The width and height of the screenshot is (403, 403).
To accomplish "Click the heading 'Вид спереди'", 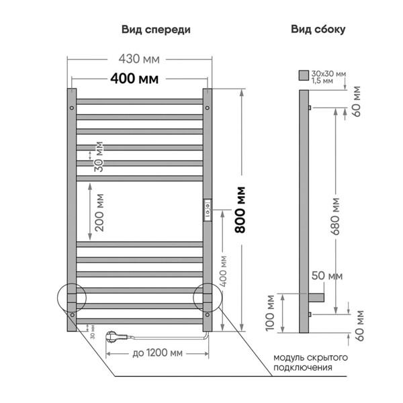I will (x=156, y=30).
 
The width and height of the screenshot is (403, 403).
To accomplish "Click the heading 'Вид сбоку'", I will (x=318, y=30).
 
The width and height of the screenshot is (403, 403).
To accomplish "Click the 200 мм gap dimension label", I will (x=99, y=213).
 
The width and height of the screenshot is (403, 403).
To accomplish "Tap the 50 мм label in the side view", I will (x=328, y=276).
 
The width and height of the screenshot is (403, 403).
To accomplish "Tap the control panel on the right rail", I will (x=208, y=209).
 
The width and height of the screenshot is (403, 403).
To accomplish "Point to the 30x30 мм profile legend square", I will (x=304, y=75).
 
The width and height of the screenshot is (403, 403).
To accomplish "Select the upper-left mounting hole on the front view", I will (x=71, y=107).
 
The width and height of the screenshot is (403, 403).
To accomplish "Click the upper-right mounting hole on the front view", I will (x=207, y=107).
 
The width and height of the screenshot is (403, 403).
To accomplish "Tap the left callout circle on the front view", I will (x=72, y=298).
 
